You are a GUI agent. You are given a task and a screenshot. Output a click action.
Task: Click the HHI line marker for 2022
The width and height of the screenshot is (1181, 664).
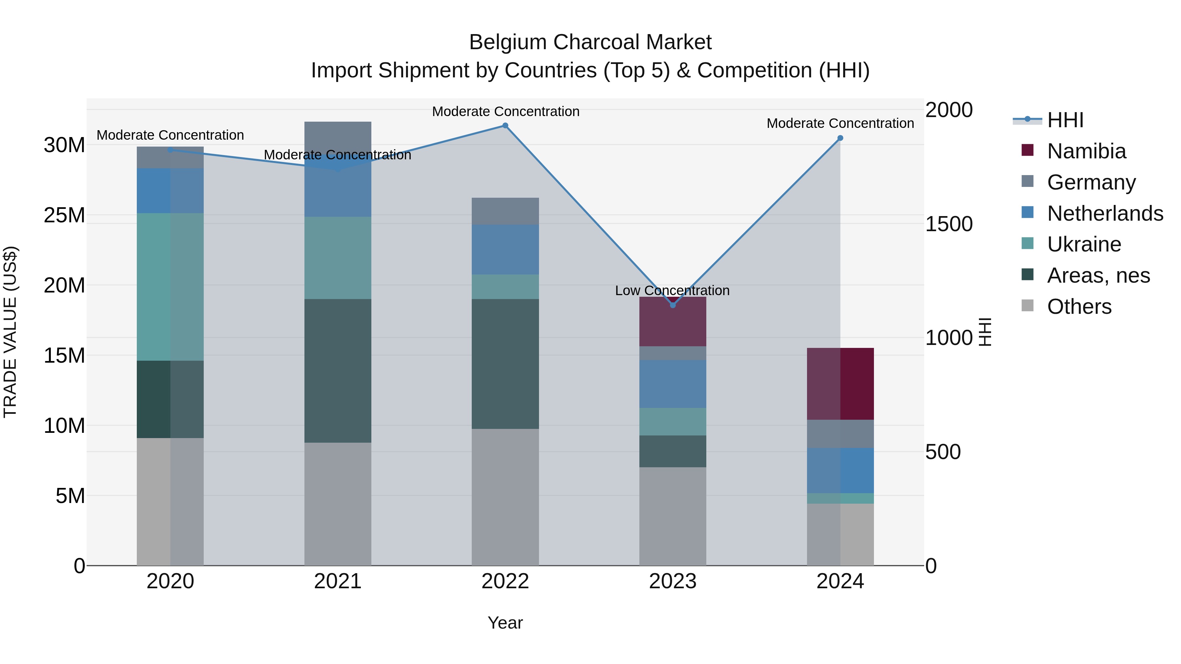505,126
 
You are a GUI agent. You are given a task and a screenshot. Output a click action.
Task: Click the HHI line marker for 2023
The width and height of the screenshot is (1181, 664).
673,305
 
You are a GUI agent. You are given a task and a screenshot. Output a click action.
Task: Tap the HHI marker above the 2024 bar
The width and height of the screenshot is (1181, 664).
840,138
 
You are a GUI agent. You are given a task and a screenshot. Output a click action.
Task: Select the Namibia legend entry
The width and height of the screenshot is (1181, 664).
1086,151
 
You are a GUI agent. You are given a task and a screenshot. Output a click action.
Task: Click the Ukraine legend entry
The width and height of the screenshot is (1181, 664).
1084,244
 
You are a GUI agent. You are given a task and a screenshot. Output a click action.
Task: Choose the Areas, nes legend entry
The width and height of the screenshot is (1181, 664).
1098,275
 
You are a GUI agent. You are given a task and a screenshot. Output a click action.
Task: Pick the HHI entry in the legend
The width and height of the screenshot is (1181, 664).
1065,120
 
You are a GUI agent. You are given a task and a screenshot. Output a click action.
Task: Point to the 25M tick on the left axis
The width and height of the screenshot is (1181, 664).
64,215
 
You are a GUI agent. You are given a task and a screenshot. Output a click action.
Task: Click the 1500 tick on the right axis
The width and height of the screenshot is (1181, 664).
948,224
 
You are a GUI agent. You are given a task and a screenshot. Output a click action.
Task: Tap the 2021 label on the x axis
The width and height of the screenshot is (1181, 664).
338,581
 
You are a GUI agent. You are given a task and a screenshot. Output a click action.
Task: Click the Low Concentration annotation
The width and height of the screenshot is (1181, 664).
672,291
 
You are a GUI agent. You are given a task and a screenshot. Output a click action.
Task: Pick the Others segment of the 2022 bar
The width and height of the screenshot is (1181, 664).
505,497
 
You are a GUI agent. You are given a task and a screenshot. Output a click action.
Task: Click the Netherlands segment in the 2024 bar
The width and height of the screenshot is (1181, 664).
840,470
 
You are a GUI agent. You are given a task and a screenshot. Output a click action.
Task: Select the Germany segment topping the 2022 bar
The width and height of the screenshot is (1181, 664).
505,211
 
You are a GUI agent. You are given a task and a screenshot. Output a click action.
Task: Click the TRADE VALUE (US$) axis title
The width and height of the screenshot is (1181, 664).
10,332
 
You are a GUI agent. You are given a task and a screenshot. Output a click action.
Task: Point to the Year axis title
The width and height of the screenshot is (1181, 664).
505,623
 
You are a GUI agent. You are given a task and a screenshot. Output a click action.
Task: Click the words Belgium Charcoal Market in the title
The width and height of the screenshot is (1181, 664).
590,42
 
